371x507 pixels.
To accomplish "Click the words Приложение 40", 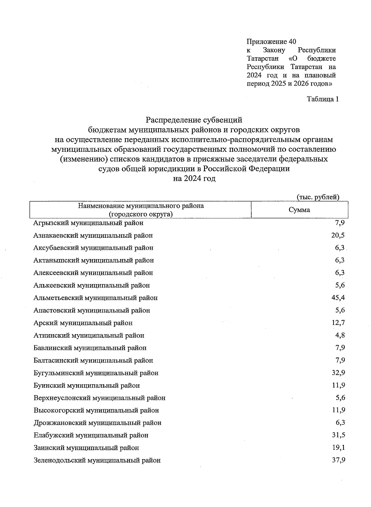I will click(271, 41).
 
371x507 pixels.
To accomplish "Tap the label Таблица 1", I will click(322, 99).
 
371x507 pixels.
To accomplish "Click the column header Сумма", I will click(299, 210).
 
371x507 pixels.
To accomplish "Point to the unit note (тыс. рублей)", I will click(318, 197).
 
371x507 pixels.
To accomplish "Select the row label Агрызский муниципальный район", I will click(88, 223).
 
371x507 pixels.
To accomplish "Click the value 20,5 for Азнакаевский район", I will click(338, 235).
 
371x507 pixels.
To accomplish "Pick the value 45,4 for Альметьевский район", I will click(338, 298).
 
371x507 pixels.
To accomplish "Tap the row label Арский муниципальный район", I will click(83, 323).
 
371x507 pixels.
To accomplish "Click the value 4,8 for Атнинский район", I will click(340, 335).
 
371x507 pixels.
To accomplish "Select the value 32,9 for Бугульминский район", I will click(338, 373).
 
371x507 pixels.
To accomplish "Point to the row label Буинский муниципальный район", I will click(87, 386).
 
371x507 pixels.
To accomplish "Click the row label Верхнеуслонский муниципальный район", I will click(99, 398).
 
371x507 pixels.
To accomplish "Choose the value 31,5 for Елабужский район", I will click(338, 435).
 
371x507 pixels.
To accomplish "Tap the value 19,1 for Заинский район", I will click(338, 448).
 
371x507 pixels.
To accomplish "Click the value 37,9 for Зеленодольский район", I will click(338, 460).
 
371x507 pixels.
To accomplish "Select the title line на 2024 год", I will click(194, 179).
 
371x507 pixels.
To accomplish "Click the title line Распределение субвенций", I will click(194, 120).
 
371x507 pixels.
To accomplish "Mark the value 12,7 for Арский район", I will click(338, 323).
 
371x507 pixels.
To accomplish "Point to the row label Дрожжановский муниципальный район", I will click(97, 423).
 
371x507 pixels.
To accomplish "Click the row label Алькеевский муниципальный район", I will click(92, 285).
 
